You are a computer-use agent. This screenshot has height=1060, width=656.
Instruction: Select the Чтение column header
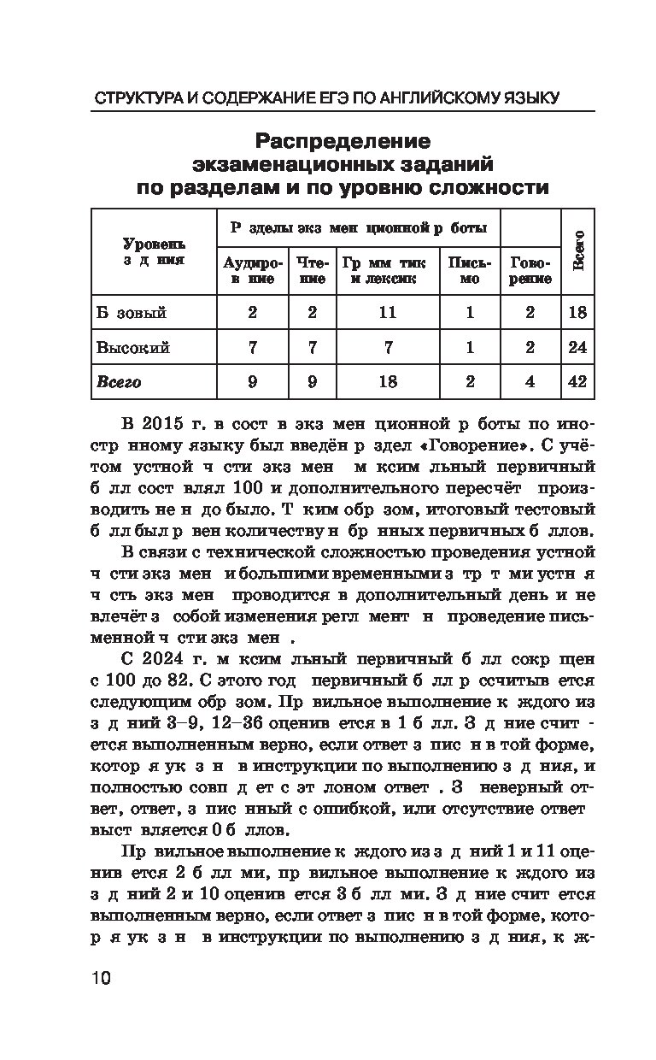[312, 270]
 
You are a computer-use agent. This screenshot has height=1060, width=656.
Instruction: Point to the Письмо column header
[470, 270]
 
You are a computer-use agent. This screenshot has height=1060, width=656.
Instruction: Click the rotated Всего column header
[578, 250]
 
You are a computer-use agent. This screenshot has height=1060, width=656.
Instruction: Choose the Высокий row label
[133, 347]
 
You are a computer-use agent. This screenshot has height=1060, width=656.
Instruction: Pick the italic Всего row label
[119, 381]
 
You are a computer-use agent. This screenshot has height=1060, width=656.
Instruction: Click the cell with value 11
[388, 312]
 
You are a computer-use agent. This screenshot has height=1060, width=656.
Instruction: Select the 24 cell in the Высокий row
[577, 347]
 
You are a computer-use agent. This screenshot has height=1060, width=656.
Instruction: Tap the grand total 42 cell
[577, 381]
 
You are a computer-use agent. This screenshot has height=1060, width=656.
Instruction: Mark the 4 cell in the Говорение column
[530, 381]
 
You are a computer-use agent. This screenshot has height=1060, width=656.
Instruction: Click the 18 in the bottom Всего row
[388, 381]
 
